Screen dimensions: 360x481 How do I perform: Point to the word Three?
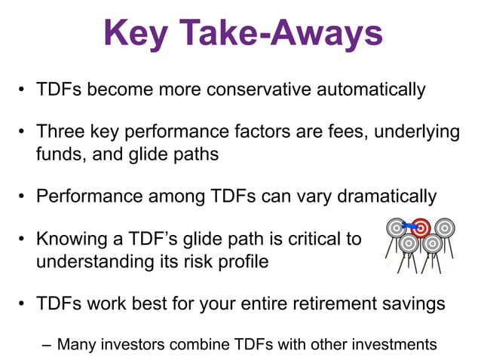pos(60,133)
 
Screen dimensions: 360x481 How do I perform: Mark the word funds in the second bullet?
pos(59,154)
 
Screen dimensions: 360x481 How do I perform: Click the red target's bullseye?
pos(421,226)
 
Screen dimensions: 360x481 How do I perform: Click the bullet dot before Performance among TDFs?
pos(25,197)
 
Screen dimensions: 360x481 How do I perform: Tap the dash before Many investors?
pos(47,346)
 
